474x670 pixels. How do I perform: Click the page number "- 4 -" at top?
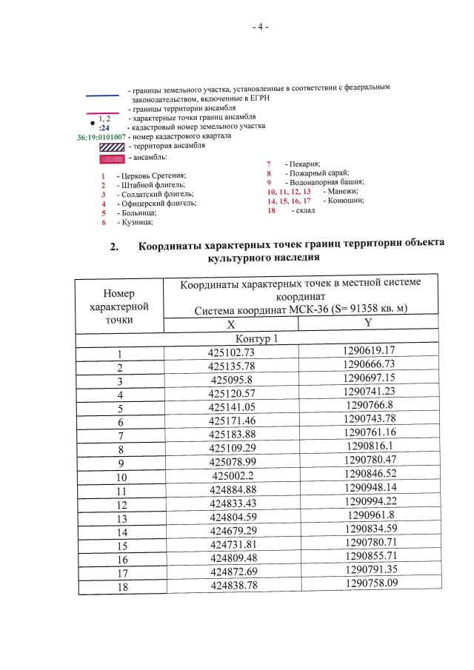[260, 27]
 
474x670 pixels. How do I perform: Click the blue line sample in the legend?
[102, 95]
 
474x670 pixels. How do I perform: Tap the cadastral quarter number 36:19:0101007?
[101, 137]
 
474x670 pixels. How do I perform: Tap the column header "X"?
[231, 324]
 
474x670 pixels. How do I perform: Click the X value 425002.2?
[233, 476]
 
